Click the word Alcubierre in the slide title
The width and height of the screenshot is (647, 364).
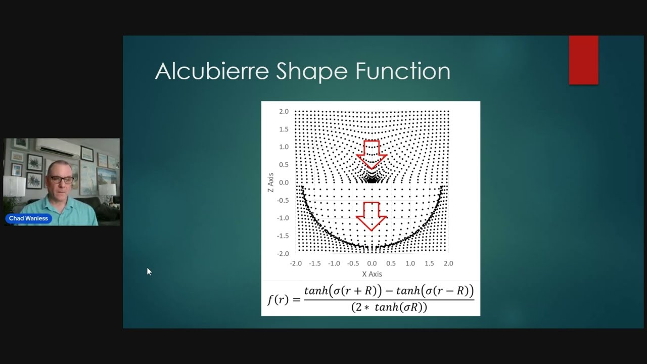[x=212, y=71]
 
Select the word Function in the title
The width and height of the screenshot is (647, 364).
[x=403, y=71]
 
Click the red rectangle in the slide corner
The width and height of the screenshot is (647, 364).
[x=584, y=60]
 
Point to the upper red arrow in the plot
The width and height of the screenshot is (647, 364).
[x=372, y=155]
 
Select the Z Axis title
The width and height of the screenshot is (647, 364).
[x=270, y=183]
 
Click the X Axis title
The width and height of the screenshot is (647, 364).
[x=372, y=274]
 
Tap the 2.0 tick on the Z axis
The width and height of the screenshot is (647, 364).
[x=284, y=112]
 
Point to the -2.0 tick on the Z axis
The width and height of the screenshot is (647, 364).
[x=283, y=254]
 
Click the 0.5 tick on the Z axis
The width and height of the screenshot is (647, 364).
[x=284, y=165]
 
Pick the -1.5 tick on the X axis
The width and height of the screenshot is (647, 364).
[x=315, y=263]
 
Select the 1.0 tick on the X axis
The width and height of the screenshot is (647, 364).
[x=410, y=263]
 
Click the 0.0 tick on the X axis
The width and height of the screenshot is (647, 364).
[x=372, y=263]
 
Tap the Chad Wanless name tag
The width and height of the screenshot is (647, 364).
[x=29, y=218]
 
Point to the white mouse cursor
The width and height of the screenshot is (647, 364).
[x=149, y=271]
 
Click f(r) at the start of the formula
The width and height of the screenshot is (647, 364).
[x=278, y=299]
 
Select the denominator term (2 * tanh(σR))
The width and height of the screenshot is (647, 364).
[x=389, y=307]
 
